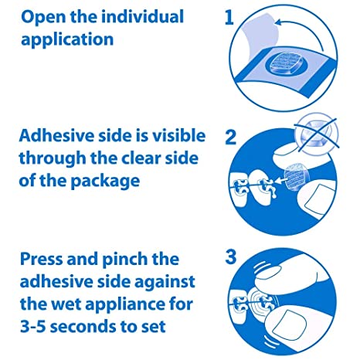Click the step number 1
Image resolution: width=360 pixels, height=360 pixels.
coord(229,17)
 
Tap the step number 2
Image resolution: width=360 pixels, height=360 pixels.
coord(229,137)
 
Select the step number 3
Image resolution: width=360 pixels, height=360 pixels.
coord(229,256)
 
